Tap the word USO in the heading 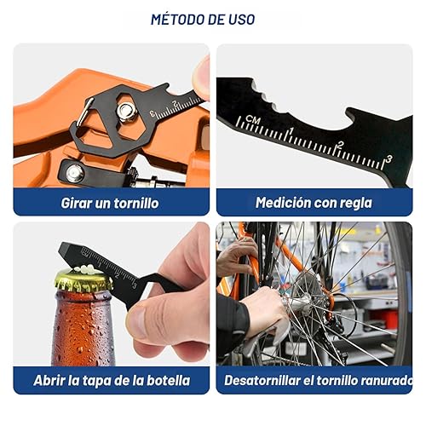[259, 19]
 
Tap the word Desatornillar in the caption [260, 380]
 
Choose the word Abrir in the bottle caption [50, 380]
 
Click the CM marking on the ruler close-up [251, 119]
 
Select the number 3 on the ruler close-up [389, 158]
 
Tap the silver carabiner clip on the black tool [84, 112]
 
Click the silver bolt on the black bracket [75, 173]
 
